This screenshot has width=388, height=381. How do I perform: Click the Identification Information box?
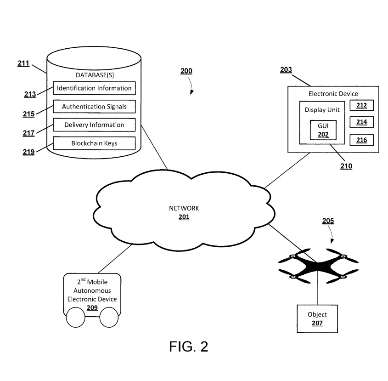click(94, 88)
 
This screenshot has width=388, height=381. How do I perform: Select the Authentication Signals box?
click(94, 107)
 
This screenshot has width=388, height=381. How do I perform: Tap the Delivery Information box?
click(94, 125)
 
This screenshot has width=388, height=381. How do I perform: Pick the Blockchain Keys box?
click(94, 143)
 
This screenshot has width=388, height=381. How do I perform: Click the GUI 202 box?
click(320, 131)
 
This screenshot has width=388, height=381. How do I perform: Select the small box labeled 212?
click(362, 106)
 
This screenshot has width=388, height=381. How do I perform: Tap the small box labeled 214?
click(362, 123)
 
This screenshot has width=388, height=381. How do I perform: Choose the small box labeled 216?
click(362, 140)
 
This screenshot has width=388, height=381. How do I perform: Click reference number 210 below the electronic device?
click(346, 166)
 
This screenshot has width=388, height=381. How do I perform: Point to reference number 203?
click(286, 70)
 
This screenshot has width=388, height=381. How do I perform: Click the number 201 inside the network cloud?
click(184, 216)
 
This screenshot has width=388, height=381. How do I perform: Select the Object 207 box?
click(317, 318)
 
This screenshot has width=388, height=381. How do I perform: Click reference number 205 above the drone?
click(328, 221)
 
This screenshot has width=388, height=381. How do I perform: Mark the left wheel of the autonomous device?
click(75, 317)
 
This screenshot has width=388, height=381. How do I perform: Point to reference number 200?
click(186, 71)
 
